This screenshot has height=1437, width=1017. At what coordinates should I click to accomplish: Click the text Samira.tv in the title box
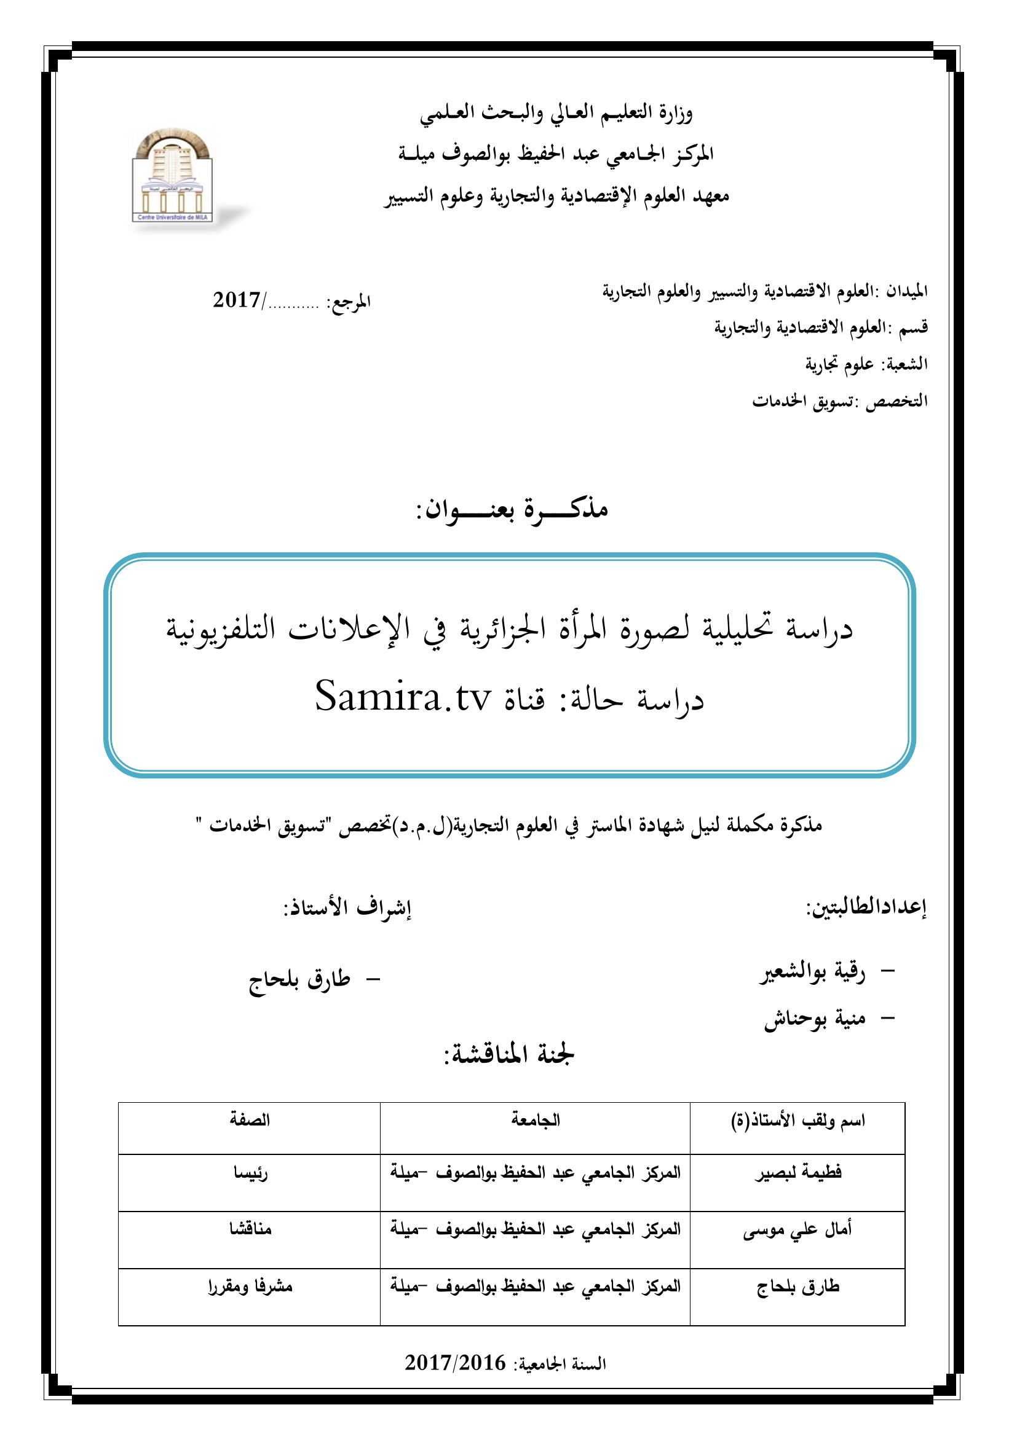(x=402, y=699)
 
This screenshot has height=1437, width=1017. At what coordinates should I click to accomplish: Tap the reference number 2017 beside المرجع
(x=237, y=300)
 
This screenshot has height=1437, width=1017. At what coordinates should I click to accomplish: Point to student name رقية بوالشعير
(x=812, y=974)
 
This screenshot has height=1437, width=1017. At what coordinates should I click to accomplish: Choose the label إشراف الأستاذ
(x=348, y=909)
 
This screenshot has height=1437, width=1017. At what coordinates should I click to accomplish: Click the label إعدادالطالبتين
(x=866, y=909)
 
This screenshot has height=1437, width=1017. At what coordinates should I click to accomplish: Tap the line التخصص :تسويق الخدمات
(x=840, y=401)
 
